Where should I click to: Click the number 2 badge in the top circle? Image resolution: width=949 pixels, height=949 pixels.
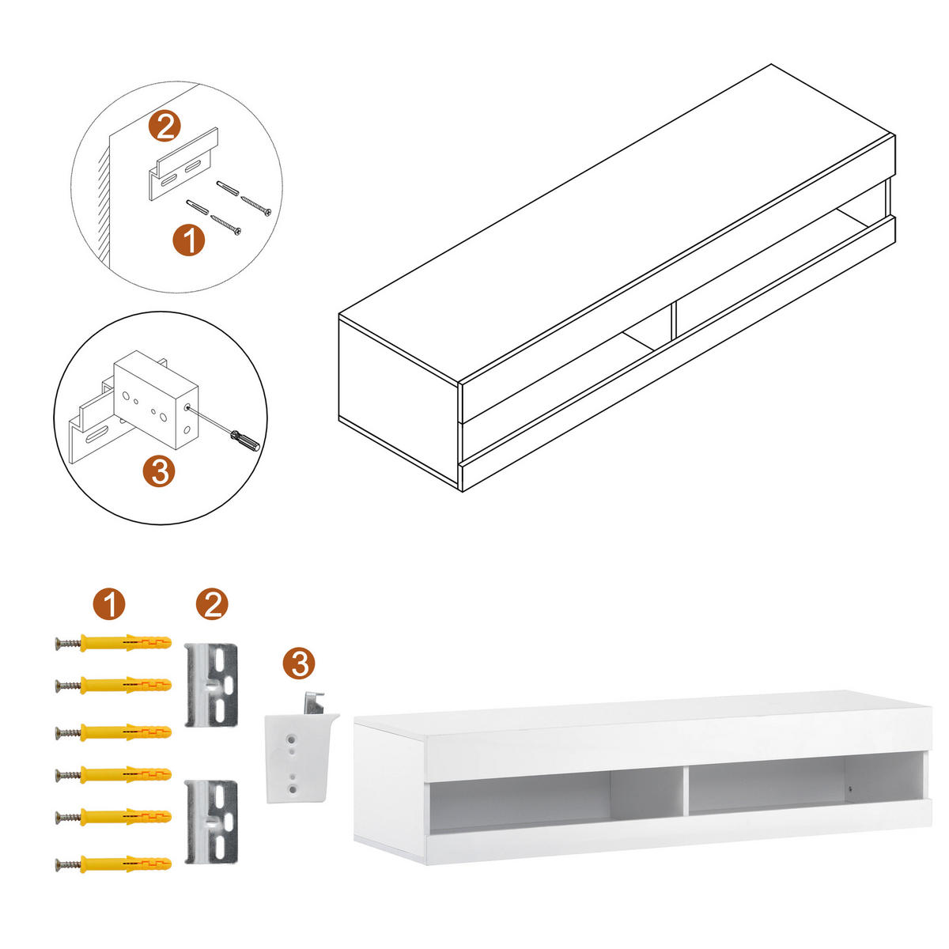click(165, 127)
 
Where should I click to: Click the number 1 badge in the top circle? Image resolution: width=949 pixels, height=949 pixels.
click(188, 240)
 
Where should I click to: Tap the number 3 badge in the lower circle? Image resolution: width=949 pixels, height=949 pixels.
click(159, 472)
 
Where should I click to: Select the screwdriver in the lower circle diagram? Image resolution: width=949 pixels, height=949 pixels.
click(244, 439)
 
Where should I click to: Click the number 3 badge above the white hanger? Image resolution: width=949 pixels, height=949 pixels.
click(299, 663)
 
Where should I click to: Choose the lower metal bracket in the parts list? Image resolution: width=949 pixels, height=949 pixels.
click(211, 822)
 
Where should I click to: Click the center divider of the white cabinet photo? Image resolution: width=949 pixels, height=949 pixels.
click(685, 789)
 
